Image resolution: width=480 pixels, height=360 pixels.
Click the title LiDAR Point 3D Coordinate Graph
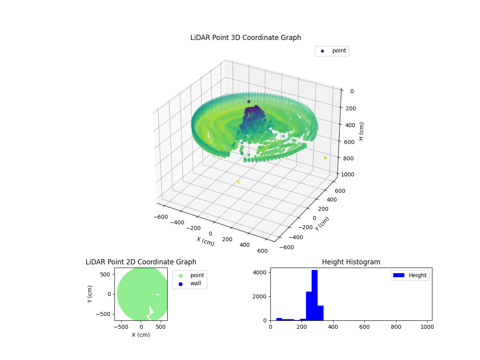point(246,38)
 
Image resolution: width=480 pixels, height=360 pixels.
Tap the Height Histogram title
point(351,262)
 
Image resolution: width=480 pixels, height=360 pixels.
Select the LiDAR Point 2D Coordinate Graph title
point(141,262)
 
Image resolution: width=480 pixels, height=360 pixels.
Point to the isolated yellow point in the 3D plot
point(238,182)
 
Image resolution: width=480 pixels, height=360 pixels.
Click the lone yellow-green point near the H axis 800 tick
point(325,158)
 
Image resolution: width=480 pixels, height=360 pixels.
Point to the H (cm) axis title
point(361,131)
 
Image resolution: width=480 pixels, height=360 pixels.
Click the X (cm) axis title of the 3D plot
point(205,241)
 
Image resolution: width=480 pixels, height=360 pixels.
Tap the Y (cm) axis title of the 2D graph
point(90,294)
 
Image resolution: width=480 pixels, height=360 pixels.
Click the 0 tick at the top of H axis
point(351,91)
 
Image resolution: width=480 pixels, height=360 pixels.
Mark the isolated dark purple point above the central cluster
point(249,102)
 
